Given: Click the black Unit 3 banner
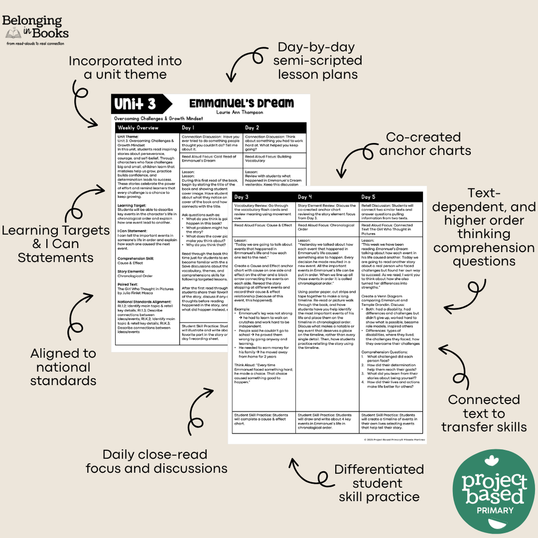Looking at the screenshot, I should tap(140, 104).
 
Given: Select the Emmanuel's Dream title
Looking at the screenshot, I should tap(242, 103).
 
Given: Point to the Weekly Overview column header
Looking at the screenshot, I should tap(138, 128).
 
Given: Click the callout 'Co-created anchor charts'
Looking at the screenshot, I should tap(425, 144).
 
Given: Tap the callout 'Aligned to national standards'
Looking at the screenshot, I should tap(63, 367).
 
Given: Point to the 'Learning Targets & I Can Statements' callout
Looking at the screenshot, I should tap(56, 244).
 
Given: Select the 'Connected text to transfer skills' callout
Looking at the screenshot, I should tap(484, 413).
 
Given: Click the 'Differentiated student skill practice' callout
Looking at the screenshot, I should tap(379, 482).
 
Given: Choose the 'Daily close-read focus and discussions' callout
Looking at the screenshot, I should tap(156, 461).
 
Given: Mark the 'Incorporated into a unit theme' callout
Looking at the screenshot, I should tap(125, 68).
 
